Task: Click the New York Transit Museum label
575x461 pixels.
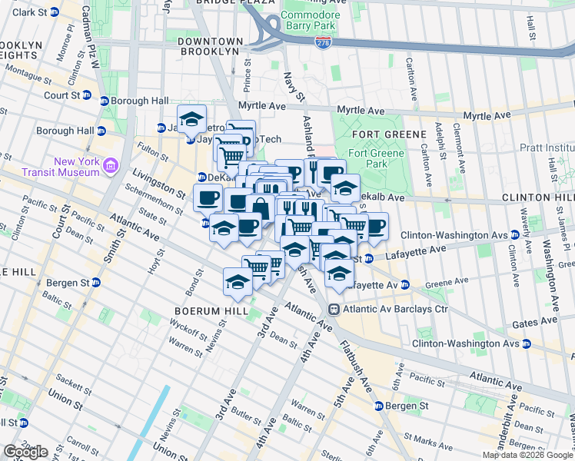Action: tap(77, 167)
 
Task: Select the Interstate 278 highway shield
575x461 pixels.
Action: tap(325, 43)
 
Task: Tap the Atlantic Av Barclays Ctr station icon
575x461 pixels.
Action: tap(334, 309)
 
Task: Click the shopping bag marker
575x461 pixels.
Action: tap(261, 208)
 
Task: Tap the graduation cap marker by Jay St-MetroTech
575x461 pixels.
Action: tap(191, 119)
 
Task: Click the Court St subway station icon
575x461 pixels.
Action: tap(86, 96)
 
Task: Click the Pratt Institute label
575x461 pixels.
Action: tap(547, 147)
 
